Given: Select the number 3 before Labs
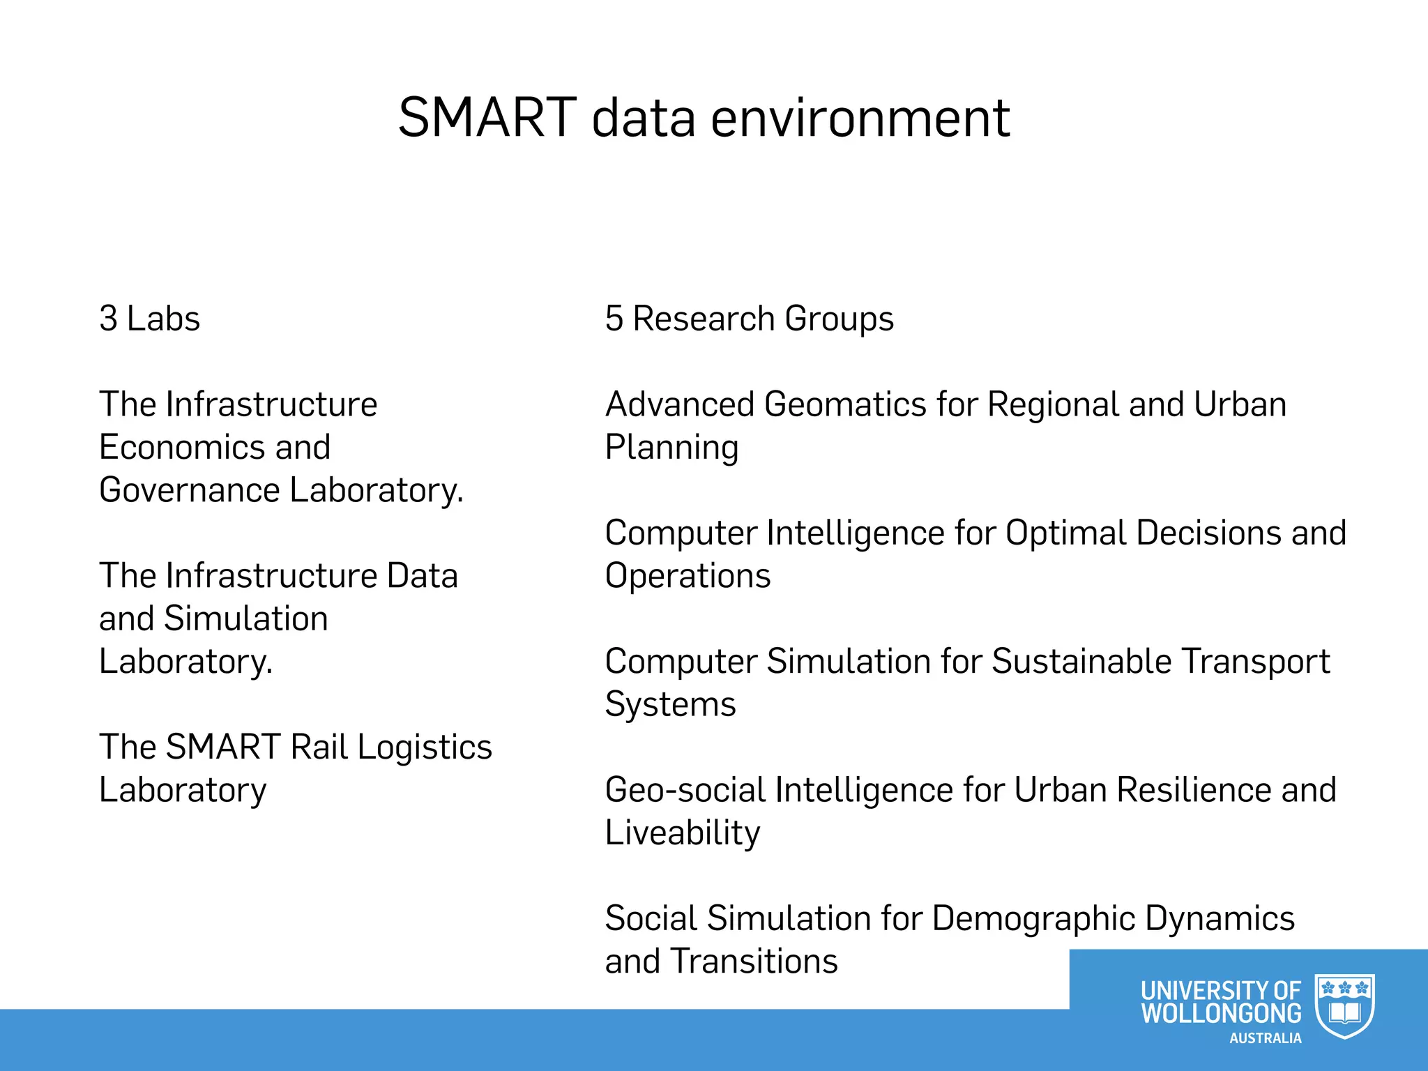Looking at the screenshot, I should (108, 319).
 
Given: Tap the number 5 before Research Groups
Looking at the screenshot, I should (614, 319).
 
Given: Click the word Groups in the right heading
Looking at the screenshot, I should (839, 319).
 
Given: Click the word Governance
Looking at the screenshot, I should (190, 490).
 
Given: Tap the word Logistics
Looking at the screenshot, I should (425, 747).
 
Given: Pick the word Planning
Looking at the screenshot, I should (671, 448).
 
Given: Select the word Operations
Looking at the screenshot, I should (688, 576).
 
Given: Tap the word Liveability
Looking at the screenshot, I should (682, 833).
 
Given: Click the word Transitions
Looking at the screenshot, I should (754, 962).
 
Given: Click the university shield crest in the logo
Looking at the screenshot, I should (1344, 1006).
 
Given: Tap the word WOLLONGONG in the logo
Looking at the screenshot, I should (1221, 1013).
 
